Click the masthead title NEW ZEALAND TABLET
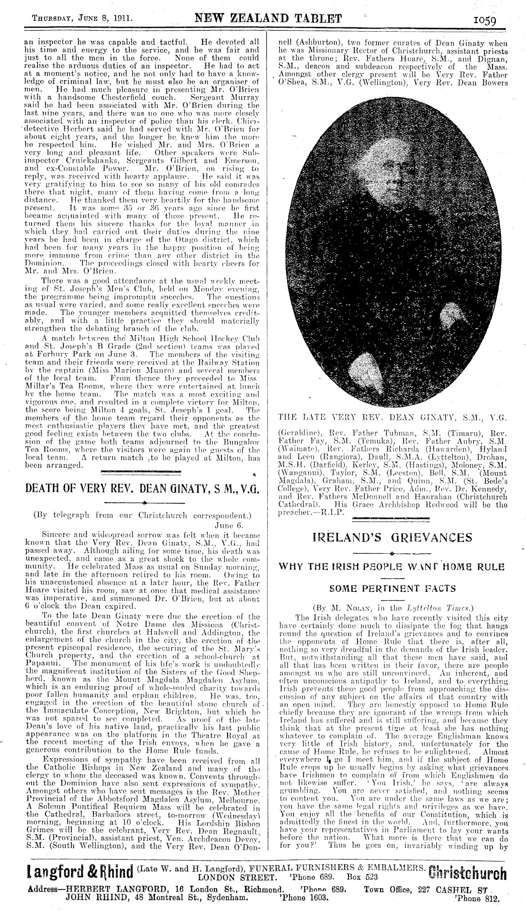[268, 19]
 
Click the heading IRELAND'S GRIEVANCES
[392, 538]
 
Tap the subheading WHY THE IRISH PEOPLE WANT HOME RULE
[392, 567]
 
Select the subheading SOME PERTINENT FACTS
[392, 588]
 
